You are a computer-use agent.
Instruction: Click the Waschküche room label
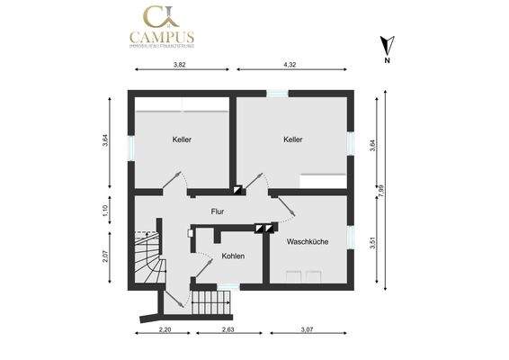point(307,242)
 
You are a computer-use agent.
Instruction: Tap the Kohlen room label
point(233,256)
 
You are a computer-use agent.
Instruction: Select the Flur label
point(217,211)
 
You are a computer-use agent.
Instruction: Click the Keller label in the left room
point(183,140)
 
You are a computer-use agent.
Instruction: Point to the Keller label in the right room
point(292,140)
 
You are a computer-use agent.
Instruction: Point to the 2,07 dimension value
point(105,256)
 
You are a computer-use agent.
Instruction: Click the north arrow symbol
point(386,47)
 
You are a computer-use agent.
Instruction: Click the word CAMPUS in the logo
point(162,38)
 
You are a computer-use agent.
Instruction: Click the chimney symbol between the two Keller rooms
point(237,190)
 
